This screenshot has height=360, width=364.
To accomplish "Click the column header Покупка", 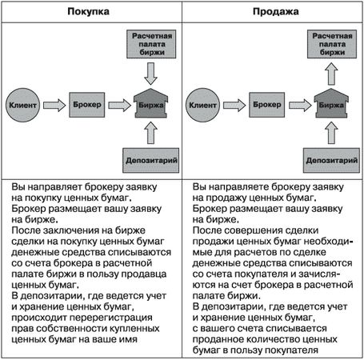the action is (x=88, y=11).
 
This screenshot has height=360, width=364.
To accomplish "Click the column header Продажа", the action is (x=276, y=11).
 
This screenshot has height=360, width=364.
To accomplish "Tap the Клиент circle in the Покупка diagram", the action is (x=23, y=105).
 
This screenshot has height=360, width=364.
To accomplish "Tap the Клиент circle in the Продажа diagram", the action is (x=202, y=105).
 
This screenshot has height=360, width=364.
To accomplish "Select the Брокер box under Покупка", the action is (x=87, y=105).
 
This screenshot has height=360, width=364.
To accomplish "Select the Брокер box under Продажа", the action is (x=267, y=105).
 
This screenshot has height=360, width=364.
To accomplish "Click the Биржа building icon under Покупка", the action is (x=151, y=103).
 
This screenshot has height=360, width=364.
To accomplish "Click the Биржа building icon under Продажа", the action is (x=331, y=103).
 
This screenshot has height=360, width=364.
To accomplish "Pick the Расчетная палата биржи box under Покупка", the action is (x=151, y=44).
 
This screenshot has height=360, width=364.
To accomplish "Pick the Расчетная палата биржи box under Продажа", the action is (x=332, y=44).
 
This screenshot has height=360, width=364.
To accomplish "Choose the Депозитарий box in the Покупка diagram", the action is (x=151, y=161).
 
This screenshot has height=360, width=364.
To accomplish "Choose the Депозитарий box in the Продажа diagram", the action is (x=331, y=161).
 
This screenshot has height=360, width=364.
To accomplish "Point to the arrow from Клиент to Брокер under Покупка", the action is (x=54, y=105).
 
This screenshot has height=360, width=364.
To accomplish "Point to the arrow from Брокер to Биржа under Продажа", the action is (x=300, y=105).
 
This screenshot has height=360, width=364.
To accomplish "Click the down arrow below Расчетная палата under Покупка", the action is (x=151, y=74).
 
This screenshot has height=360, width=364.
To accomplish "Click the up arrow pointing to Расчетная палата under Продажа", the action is (x=331, y=74).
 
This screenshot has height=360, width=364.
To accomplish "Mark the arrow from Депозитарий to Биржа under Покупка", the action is (x=151, y=133).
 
